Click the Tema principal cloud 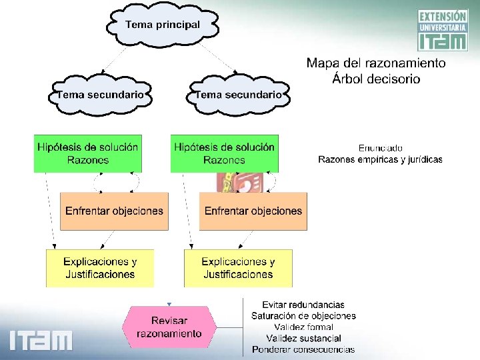162,25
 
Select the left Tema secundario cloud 100,95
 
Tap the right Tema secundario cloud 238,95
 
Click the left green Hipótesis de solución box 88,153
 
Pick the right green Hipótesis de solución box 224,153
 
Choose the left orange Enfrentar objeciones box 114,211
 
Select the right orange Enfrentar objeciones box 253,211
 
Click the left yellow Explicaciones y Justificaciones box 100,268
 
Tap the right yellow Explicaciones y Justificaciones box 238,268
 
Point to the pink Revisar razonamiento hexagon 169,327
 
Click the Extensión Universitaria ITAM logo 442,30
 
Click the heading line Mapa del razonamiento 376,63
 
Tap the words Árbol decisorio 376,79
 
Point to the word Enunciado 380,148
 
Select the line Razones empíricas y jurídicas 380,159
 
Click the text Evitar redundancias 303,305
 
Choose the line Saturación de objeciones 303,316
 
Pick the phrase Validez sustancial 303,339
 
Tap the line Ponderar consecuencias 303,350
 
